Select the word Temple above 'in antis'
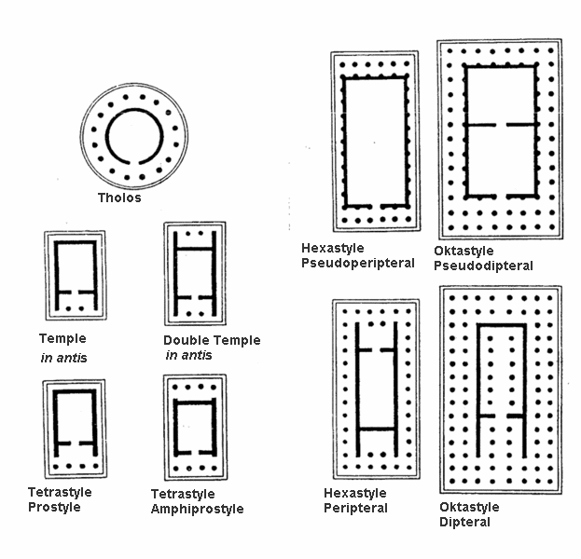[x=62, y=339]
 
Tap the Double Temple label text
[x=212, y=340]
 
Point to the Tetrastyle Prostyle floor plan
[x=74, y=429]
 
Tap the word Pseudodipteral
[x=484, y=266]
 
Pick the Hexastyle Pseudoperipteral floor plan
[x=375, y=141]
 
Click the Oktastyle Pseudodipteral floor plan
[x=499, y=138]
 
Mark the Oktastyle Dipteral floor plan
[x=500, y=389]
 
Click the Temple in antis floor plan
[x=75, y=276]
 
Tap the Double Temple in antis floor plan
[x=194, y=272]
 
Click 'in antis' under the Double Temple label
[x=188, y=355]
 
